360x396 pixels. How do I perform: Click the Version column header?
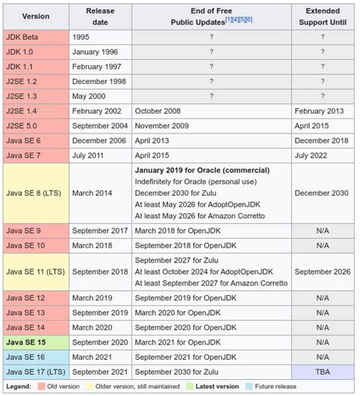click(x=36, y=16)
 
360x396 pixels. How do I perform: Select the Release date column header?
click(x=99, y=16)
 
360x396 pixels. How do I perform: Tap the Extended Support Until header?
click(x=322, y=16)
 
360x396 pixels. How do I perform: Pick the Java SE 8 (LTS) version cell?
click(x=35, y=193)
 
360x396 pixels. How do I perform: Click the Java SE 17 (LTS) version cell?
click(x=35, y=371)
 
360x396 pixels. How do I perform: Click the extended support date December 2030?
click(x=322, y=193)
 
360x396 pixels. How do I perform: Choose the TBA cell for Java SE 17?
click(x=322, y=371)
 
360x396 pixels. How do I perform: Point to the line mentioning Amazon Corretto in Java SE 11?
click(x=211, y=283)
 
